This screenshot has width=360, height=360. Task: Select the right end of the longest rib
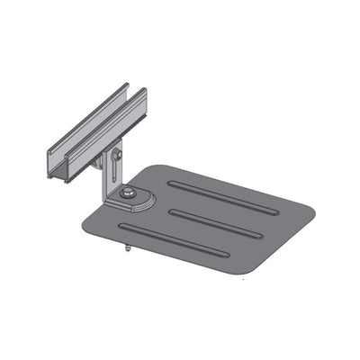pos(274,211)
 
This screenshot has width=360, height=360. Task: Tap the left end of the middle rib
pos(171,213)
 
